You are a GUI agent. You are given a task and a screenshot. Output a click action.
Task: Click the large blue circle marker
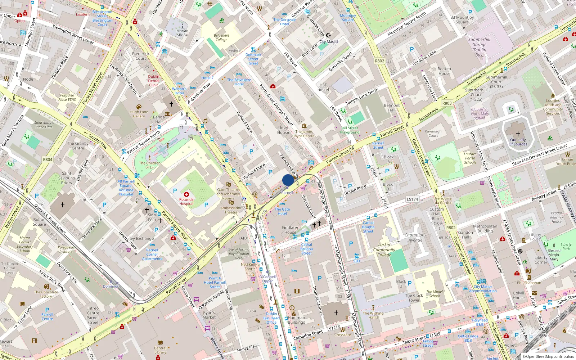coord(288,180)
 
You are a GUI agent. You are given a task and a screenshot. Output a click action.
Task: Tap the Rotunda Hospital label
coord(186,202)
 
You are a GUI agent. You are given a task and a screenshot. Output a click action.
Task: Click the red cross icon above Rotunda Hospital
coord(186,194)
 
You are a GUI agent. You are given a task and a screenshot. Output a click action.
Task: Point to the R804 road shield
coord(48,159)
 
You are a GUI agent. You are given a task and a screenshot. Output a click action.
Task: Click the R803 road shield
coord(447,103)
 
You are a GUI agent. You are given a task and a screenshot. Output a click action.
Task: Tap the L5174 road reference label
coord(413,199)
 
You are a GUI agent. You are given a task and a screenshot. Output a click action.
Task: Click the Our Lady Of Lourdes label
coord(518,142)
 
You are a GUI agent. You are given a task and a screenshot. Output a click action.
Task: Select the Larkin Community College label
coord(384,249)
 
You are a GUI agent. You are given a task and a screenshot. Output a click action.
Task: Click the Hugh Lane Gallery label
coord(139,114)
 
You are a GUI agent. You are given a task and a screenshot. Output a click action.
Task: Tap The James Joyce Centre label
coord(304,134)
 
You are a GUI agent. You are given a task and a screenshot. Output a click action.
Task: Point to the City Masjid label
coord(328,41)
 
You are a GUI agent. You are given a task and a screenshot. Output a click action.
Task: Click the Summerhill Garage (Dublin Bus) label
coord(479,47)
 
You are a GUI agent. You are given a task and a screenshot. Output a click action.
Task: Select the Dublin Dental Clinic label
coord(154,81)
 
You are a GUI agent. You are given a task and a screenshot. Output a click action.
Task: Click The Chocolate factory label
coord(46,294)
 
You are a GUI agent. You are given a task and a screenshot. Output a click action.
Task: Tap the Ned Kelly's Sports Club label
coord(250,269)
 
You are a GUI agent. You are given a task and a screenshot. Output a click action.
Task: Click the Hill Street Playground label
coord(350,130)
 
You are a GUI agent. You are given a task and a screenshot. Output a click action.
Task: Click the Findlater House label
coord(290,230)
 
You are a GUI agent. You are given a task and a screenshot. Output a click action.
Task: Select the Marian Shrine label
coord(182,33)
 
